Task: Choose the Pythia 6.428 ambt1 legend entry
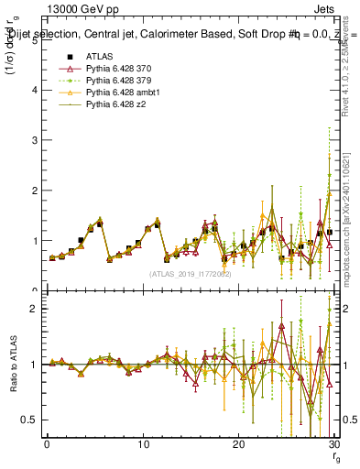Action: (121, 93)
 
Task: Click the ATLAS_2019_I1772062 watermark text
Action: (191, 274)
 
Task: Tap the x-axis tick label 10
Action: (143, 444)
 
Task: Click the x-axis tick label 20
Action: (238, 444)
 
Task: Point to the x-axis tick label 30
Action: (333, 444)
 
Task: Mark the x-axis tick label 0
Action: (47, 444)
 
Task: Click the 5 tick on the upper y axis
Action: (36, 40)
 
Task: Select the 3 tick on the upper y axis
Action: (36, 141)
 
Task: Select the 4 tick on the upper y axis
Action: (36, 91)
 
